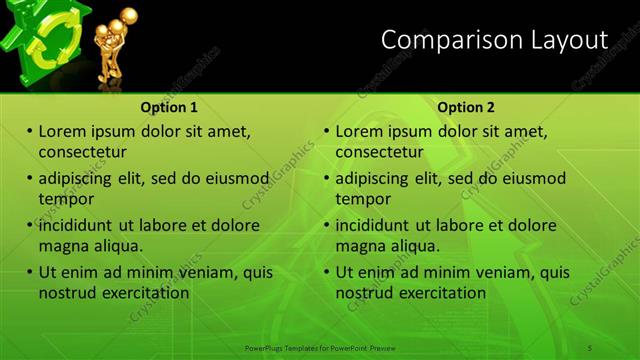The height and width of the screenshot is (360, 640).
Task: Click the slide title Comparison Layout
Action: point(494,40)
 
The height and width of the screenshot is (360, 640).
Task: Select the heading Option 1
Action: point(169,107)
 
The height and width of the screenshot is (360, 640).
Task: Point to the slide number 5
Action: point(590,347)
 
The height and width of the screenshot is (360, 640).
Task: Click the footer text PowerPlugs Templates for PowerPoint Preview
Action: point(320,347)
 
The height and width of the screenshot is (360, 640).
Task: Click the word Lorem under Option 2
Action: point(361,131)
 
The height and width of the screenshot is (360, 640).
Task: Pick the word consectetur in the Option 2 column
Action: point(379,152)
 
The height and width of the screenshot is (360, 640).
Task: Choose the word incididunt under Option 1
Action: point(81,225)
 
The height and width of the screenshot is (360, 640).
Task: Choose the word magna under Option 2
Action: point(360,246)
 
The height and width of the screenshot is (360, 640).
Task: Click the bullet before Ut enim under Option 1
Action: point(30,272)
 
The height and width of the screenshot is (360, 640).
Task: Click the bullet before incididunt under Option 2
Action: point(327,225)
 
